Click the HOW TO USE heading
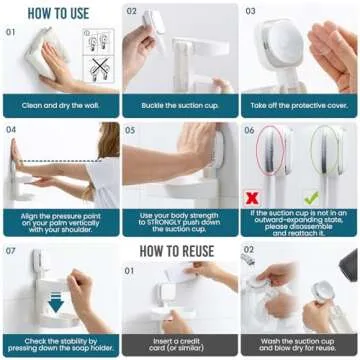click(x=59, y=15)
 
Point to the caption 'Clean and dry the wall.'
click(x=59, y=105)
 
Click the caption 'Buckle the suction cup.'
click(x=179, y=105)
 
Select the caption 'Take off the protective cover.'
click(x=299, y=105)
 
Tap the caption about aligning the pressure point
click(x=59, y=220)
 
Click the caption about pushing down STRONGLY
click(x=179, y=220)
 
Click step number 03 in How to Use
click(x=250, y=12)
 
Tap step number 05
click(x=130, y=130)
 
